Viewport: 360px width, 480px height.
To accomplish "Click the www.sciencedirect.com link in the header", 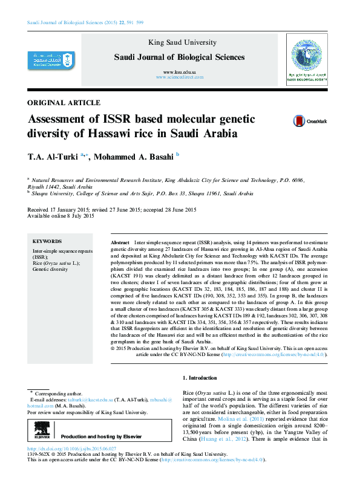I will click(180, 78).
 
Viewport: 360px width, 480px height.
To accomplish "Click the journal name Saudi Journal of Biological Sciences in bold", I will click(180, 57).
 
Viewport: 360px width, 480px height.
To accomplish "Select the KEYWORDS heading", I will click(47, 241).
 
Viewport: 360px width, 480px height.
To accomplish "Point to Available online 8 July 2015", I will click(61, 216).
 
